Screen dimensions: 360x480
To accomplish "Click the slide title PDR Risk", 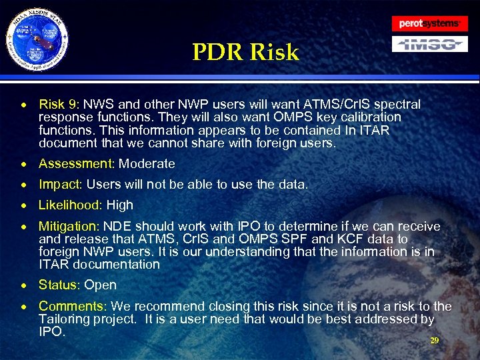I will point(245,52).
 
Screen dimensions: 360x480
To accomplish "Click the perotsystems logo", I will point(429,23).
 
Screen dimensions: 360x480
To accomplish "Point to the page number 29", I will point(434,340).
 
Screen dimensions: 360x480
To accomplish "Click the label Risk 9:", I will point(59,105).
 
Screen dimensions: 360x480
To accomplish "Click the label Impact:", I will point(61,185).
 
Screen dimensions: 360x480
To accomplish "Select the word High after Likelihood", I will point(119,205).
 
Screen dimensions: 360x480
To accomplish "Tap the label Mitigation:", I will point(69,226).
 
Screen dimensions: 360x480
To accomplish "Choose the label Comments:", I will point(72,307).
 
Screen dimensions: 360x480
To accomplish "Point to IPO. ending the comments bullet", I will point(52,332).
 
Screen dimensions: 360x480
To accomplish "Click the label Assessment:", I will point(76,164).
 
